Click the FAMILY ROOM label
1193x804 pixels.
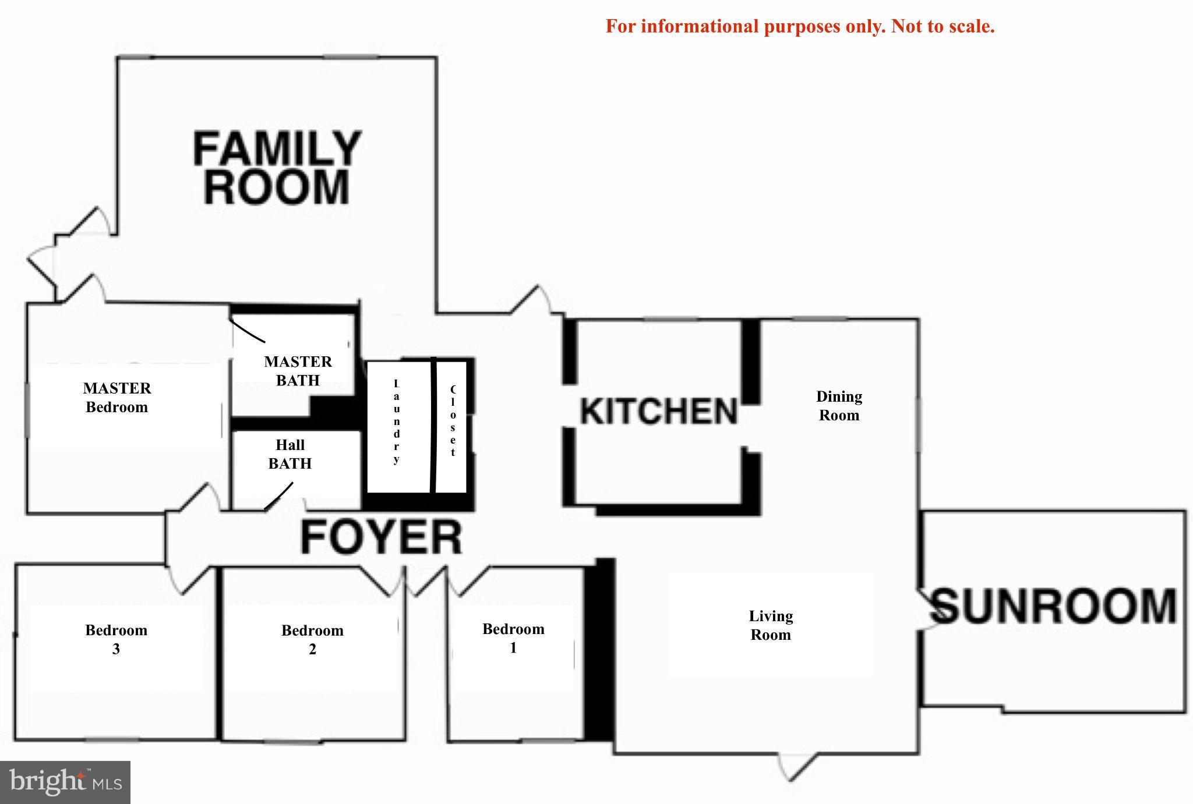(x=277, y=168)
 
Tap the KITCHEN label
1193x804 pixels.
(x=659, y=412)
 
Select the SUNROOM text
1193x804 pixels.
(x=1053, y=607)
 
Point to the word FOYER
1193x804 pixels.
(x=382, y=537)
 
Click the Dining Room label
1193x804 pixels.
(x=839, y=406)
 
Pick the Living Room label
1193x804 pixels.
(x=771, y=625)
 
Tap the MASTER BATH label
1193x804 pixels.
(x=298, y=371)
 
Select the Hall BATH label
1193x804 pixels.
(x=290, y=454)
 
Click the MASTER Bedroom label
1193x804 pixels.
(x=117, y=398)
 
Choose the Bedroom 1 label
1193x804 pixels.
(x=513, y=638)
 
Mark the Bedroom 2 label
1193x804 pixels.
(x=312, y=639)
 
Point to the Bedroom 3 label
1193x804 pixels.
(x=116, y=639)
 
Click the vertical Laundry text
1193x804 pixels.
(x=397, y=422)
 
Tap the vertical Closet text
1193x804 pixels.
(x=453, y=421)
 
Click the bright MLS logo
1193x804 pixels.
(x=65, y=782)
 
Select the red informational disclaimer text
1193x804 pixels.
(x=800, y=26)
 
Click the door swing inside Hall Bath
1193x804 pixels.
(x=279, y=497)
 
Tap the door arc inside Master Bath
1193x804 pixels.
(x=247, y=331)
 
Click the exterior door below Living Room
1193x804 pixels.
(x=798, y=766)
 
